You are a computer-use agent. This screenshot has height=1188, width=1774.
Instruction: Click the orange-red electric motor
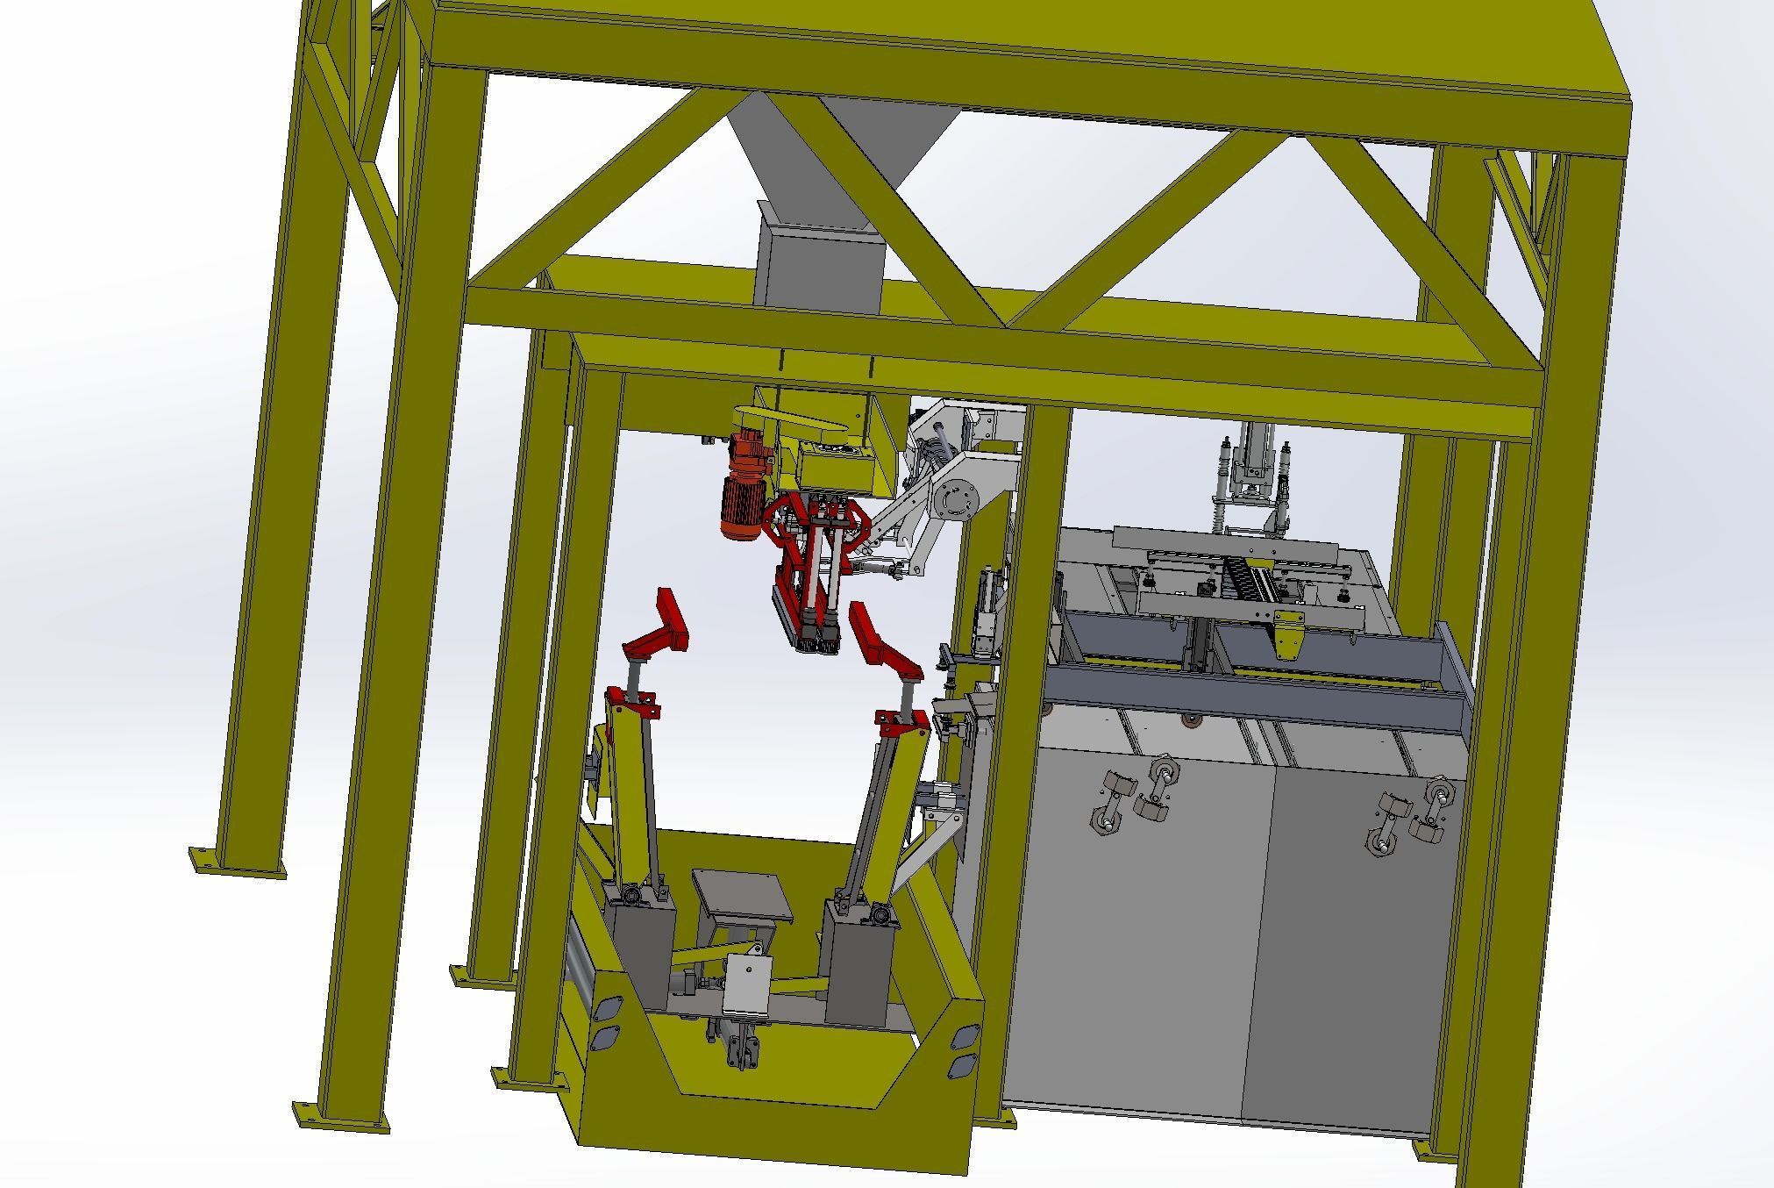tap(741, 491)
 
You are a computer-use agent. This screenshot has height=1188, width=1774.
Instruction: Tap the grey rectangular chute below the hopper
tap(820, 263)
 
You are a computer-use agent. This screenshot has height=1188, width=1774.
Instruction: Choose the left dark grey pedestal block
tap(638, 952)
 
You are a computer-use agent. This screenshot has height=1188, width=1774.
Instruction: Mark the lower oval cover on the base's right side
tap(962, 1065)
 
